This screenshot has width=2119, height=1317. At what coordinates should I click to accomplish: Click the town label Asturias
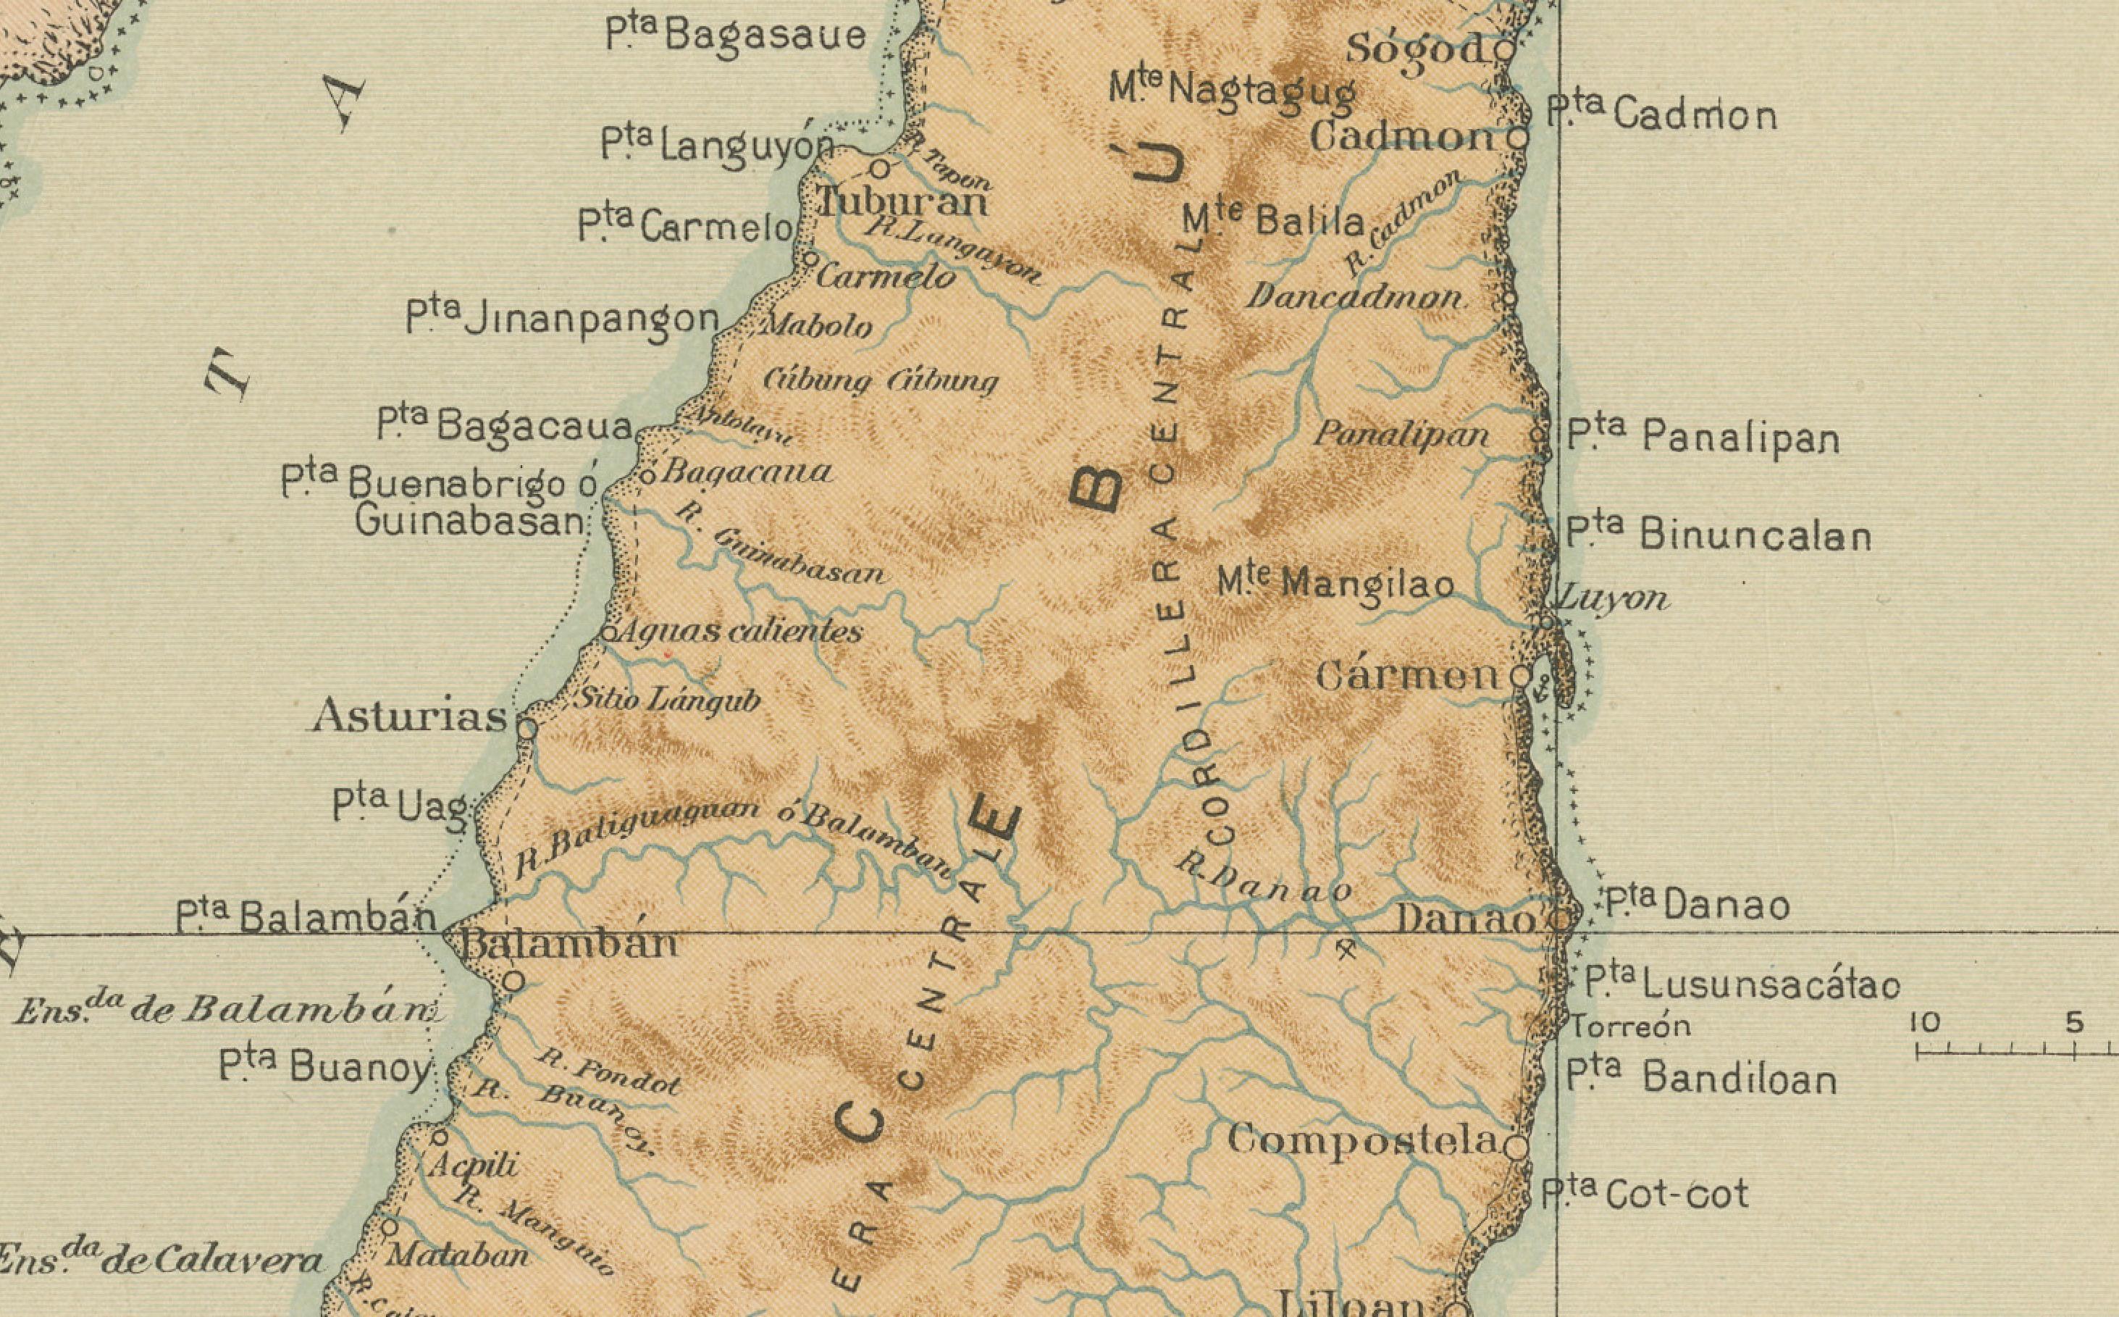(409, 717)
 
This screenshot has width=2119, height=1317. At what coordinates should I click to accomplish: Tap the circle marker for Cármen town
(1520, 676)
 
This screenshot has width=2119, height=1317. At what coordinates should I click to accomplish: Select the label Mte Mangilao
(1335, 582)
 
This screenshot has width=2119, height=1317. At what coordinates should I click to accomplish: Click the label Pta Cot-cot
(1645, 1193)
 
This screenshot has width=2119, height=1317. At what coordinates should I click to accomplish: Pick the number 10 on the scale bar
(1925, 1024)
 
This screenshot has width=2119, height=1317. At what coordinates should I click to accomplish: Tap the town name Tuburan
(903, 203)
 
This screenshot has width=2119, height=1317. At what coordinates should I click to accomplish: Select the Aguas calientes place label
(738, 631)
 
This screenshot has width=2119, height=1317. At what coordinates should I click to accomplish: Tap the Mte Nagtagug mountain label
(1232, 91)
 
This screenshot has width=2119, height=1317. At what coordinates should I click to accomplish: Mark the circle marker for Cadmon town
(1517, 138)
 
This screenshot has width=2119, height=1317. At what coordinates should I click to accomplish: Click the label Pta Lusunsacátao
(1741, 984)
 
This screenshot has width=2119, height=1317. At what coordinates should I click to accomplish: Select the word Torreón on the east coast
(1629, 1027)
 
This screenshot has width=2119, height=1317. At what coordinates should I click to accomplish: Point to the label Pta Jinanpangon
(563, 319)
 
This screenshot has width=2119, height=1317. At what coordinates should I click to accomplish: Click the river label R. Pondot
(608, 1073)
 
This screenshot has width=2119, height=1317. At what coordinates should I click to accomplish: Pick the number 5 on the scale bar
(2075, 1024)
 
